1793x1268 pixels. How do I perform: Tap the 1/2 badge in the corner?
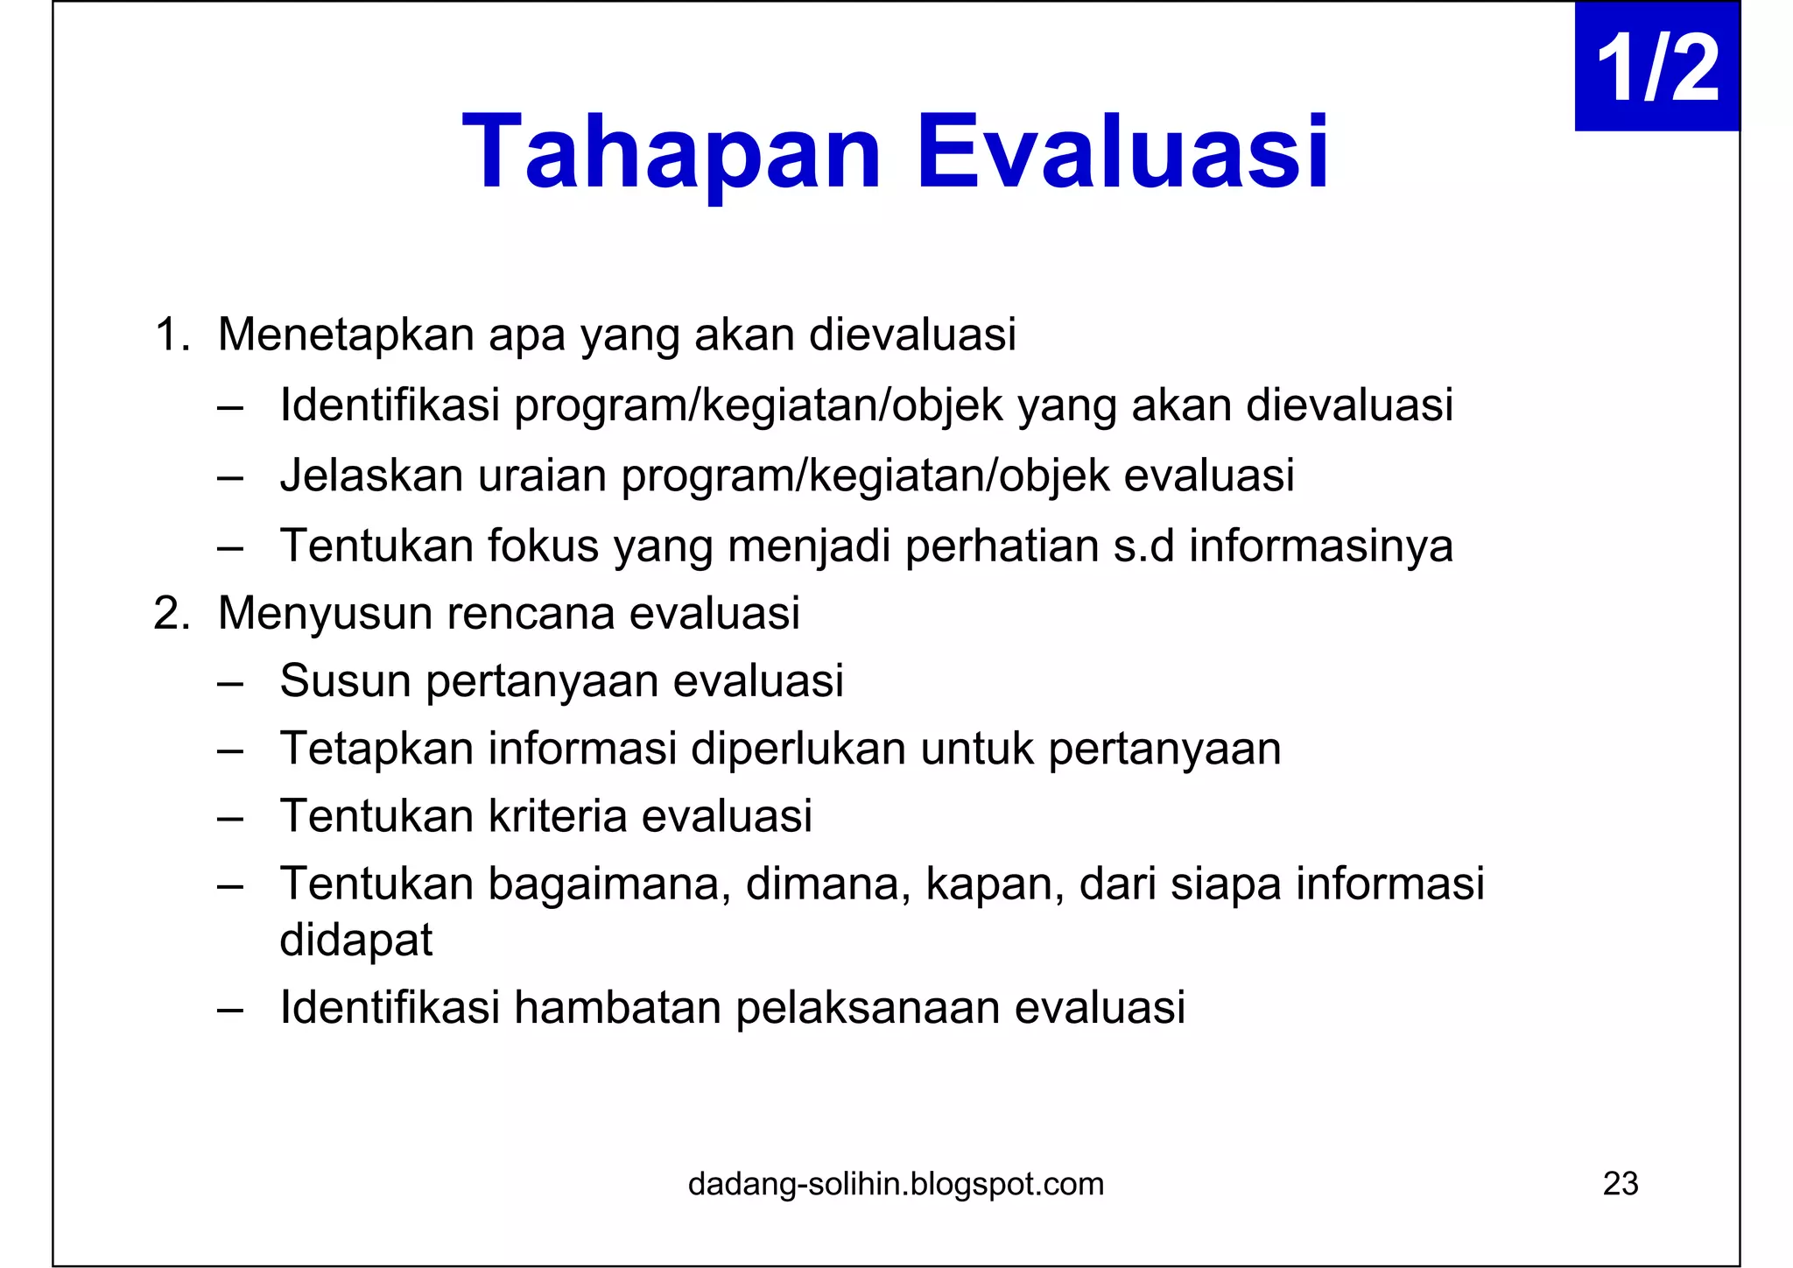1656,67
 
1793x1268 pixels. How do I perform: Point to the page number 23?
1620,1184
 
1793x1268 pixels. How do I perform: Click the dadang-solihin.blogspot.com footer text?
896,1184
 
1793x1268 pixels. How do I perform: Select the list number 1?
171,335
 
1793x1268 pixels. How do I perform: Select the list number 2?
171,613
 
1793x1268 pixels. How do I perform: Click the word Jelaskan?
371,475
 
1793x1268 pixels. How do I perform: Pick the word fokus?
543,546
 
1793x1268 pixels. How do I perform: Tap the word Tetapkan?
376,749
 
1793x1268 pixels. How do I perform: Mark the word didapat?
355,940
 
